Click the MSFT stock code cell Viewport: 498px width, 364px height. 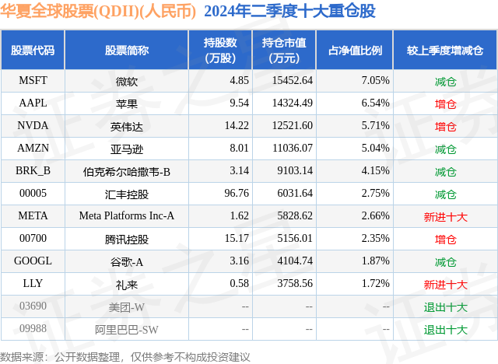(33, 80)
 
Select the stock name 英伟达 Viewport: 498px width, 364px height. (126, 125)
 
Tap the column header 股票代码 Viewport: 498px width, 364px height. (33, 51)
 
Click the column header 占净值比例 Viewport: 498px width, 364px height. (355, 51)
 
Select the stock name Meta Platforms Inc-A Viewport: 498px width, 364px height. (126, 215)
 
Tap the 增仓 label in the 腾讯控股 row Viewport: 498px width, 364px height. (445, 238)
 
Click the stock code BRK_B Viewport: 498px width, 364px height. (33, 170)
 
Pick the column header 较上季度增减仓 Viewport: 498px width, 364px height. (445, 51)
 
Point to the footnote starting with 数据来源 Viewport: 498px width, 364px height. (125, 355)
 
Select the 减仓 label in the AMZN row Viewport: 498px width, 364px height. (445, 148)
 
